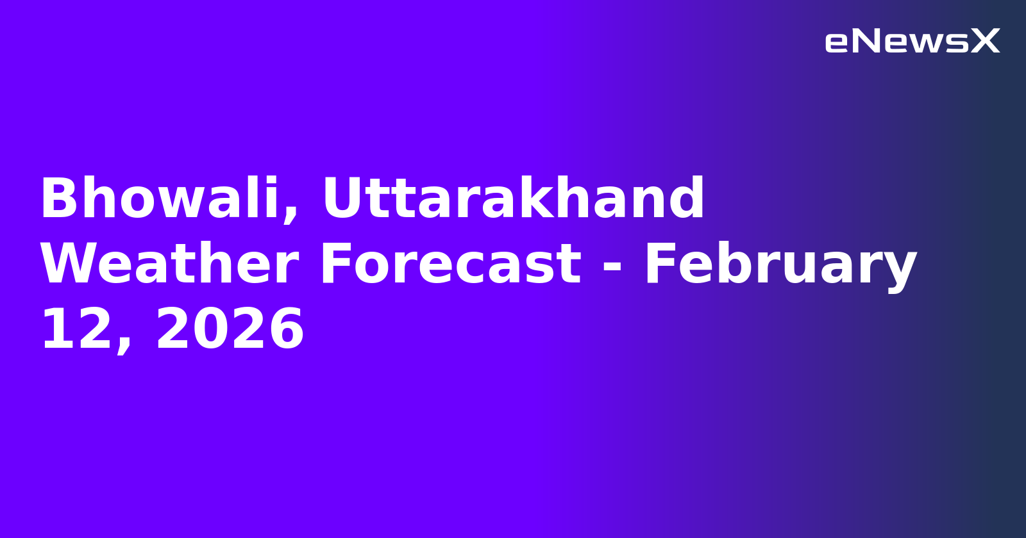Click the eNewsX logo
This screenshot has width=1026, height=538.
[912, 42]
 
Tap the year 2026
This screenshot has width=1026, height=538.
[230, 330]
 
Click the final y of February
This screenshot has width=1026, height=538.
[901, 269]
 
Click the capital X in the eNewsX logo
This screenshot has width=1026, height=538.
[985, 42]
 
